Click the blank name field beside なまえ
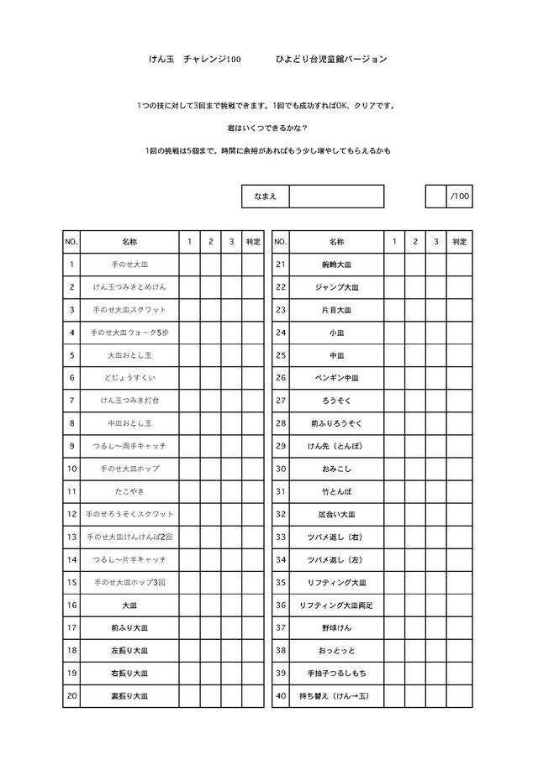336,197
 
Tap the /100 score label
460,197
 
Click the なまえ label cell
265,197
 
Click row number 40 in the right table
281,695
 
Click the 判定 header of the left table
253,242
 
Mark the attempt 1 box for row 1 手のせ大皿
189,265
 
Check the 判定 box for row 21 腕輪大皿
459,265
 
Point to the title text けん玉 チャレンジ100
194,60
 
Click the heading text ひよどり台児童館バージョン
331,60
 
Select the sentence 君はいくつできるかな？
267,128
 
